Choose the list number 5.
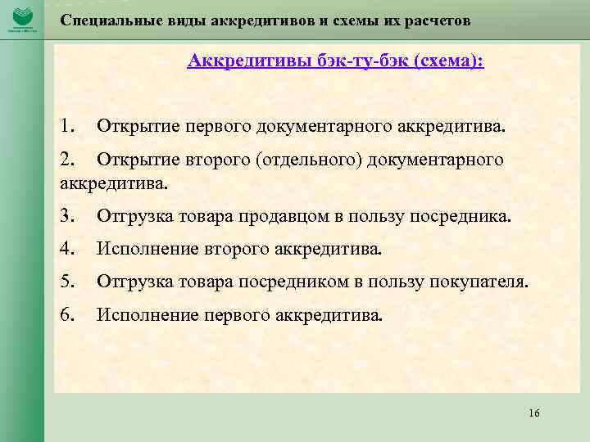pos(67,282)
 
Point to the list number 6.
pos(67,313)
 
